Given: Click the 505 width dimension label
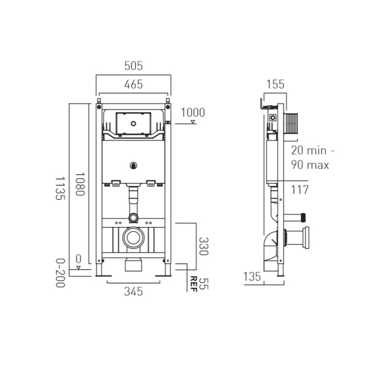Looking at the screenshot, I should pyautogui.click(x=133, y=66).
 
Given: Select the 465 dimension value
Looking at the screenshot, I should pyautogui.click(x=133, y=84).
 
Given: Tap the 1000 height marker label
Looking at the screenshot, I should pyautogui.click(x=193, y=112).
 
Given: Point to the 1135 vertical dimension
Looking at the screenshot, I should pyautogui.click(x=60, y=188).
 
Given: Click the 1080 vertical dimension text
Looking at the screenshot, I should pyautogui.click(x=79, y=184).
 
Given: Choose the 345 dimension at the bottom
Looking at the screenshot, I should pyautogui.click(x=133, y=291).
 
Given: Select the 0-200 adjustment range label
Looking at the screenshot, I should pyautogui.click(x=60, y=273).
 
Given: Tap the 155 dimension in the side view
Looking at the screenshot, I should pyautogui.click(x=275, y=84).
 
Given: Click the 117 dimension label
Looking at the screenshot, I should pyautogui.click(x=300, y=189).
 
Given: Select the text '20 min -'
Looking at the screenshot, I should pyautogui.click(x=310, y=150).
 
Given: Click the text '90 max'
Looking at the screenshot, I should pyautogui.click(x=310, y=165).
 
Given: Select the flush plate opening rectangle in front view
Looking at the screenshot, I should pyautogui.click(x=133, y=122).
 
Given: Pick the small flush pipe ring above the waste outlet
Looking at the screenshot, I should pyautogui.click(x=133, y=217).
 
